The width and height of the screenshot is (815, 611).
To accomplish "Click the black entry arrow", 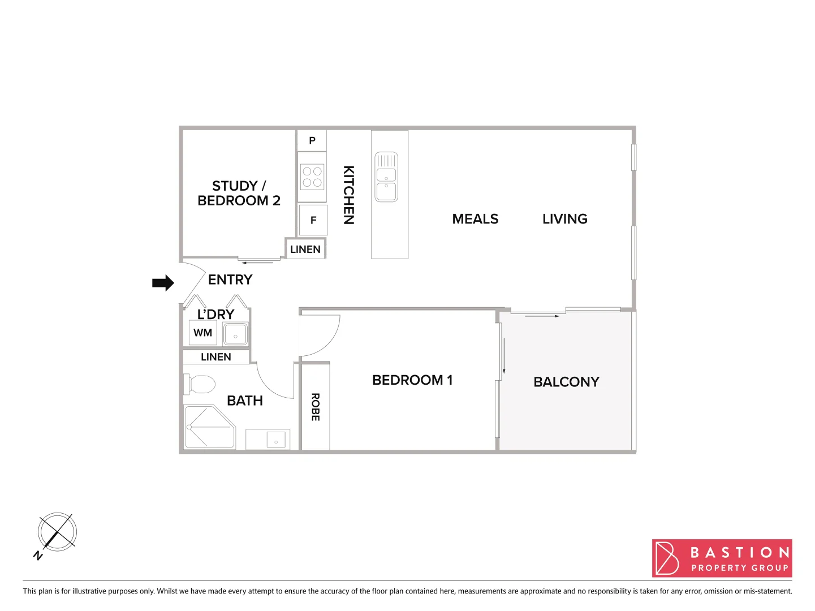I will pos(163,283).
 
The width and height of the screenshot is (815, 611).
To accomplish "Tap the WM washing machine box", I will pos(202,333).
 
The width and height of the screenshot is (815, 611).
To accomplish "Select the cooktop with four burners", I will pos(312,177).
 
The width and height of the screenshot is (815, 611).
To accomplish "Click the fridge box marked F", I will pos(313,220).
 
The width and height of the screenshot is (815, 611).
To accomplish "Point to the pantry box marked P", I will pos(312,140).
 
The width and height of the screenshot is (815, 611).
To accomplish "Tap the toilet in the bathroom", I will pos(201,385).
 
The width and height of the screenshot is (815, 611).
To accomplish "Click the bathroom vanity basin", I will pos(275,440).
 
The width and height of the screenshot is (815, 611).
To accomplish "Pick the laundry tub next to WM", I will pos(235,334).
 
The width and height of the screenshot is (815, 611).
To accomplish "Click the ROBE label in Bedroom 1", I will pos(316,407).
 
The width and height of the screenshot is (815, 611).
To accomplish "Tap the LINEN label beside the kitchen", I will pos(305,249).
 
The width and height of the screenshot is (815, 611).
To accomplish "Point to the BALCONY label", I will pos(566,382).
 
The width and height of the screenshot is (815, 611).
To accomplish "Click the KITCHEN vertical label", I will pos(349,195).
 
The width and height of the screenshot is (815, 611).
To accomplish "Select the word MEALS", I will pos(475,219).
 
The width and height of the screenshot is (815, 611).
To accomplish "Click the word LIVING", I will pos(564,219).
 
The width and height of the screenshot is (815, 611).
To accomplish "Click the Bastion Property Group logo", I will pos(722,558).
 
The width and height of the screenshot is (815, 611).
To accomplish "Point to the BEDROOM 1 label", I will pos(412,380).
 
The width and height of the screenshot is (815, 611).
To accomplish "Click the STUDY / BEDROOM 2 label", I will pos(239,193).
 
